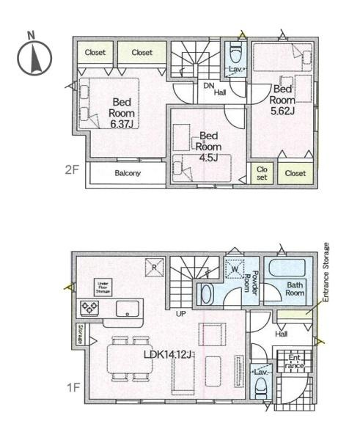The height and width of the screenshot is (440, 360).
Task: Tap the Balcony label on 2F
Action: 128,173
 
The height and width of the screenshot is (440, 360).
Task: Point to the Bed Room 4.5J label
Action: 209,146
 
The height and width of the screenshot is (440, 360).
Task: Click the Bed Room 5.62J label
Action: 282,99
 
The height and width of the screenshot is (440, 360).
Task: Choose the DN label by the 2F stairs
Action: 207,84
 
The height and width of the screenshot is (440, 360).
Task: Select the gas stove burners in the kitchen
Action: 89,308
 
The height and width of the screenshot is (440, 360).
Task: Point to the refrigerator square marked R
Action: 155,267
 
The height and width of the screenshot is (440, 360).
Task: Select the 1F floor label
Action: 70,385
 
